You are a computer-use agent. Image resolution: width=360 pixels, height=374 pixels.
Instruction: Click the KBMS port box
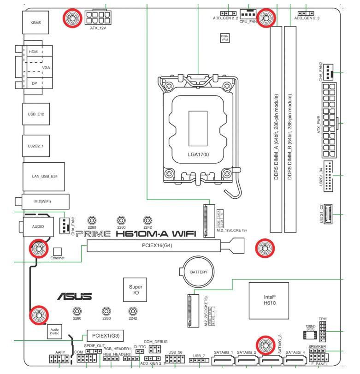coord(35,23)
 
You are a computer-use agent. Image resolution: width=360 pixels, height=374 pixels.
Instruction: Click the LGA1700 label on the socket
coord(198,154)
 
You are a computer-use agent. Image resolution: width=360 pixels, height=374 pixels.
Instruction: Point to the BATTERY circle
coord(199,273)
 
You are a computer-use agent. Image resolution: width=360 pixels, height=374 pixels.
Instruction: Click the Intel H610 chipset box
coord(268,299)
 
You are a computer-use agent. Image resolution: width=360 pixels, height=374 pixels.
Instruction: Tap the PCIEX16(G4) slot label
coord(157,246)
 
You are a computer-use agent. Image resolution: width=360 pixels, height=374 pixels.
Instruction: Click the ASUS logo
coord(74,297)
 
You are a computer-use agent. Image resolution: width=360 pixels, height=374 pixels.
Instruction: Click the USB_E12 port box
coord(35,113)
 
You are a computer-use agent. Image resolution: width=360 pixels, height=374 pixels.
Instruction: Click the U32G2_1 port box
coord(35,145)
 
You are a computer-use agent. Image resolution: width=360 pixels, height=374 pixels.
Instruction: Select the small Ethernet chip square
coord(57,251)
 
